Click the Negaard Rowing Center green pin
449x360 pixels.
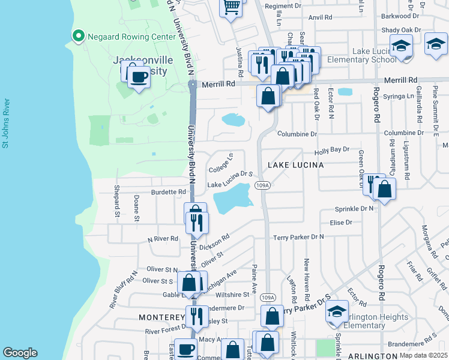(77, 37)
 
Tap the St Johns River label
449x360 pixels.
(5, 124)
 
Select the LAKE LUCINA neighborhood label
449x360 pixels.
(295, 164)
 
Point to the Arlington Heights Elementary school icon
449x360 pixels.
(337, 311)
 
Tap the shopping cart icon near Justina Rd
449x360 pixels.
(231, 7)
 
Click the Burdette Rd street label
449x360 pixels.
(169, 193)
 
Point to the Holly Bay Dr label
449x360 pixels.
(332, 149)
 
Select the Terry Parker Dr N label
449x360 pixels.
(298, 237)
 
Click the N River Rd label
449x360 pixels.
(163, 239)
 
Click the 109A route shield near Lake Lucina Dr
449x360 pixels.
(262, 186)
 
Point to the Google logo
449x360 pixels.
(20, 353)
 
